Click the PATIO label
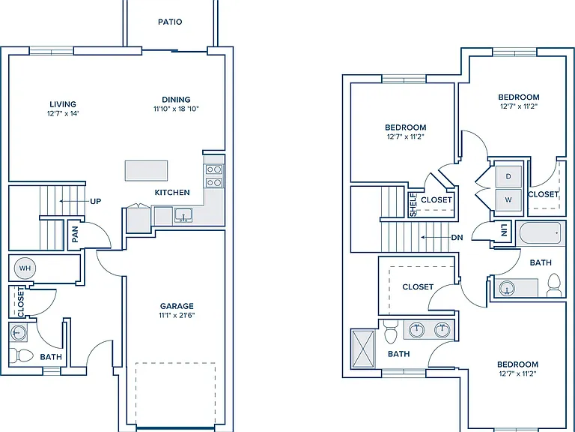[170, 22]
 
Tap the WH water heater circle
[25, 268]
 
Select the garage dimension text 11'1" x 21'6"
[177, 315]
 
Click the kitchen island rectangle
[146, 170]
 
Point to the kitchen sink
[183, 215]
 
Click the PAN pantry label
[75, 234]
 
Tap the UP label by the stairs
[95, 201]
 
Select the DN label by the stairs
[457, 238]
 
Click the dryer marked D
[508, 176]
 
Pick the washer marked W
[508, 199]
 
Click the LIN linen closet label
[505, 230]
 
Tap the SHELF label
[413, 205]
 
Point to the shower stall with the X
[363, 349]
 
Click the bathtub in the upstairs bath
[539, 233]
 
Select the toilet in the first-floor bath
[21, 355]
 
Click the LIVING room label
[63, 104]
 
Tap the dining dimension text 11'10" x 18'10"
[176, 109]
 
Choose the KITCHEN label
[172, 193]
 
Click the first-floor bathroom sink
[18, 333]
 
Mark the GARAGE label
[177, 306]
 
